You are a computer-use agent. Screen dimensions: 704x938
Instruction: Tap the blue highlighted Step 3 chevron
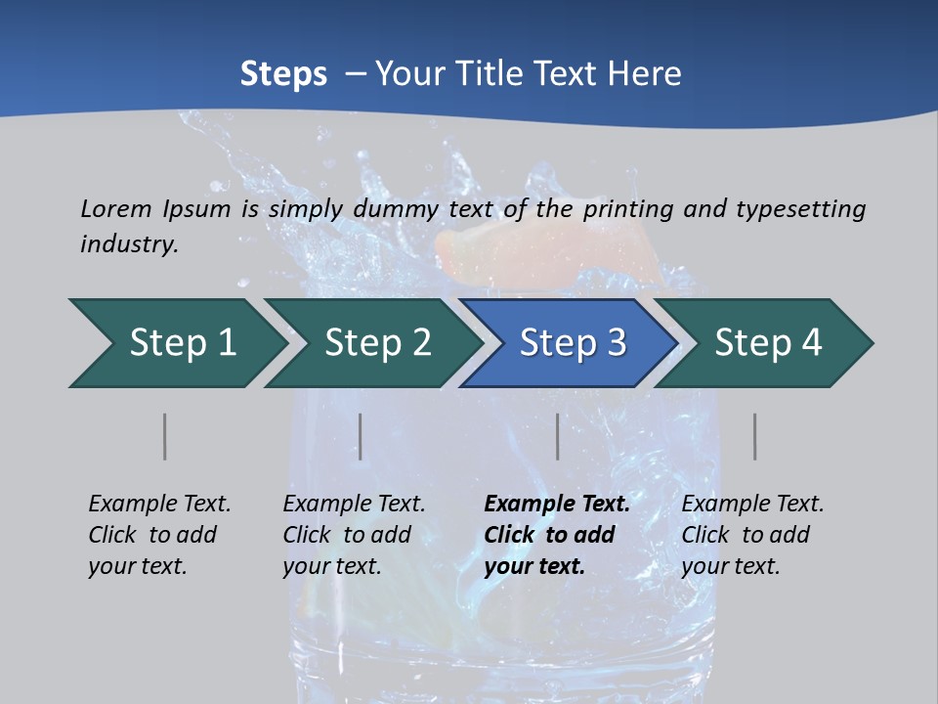point(572,343)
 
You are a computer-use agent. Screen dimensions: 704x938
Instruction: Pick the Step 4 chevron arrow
point(767,343)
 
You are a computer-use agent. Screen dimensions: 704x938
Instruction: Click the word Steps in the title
point(283,74)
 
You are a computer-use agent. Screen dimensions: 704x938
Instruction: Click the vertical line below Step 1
point(165,436)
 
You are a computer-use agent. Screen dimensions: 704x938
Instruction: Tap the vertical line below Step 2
point(361,436)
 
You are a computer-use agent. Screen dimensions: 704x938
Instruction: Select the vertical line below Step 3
point(558,436)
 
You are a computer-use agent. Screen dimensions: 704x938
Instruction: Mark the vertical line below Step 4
point(755,436)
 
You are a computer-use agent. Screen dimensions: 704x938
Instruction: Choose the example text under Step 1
point(159,535)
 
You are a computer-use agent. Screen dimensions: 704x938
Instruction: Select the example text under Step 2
point(354,535)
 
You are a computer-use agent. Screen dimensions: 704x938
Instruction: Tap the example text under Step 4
point(752,535)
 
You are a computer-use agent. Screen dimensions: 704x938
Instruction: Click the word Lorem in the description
point(116,208)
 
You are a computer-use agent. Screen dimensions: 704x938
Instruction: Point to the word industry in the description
point(129,243)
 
